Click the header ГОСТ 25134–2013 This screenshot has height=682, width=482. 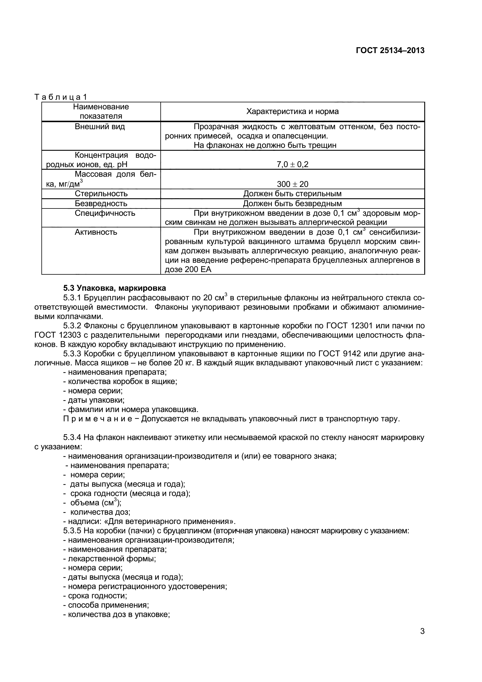click(x=390, y=50)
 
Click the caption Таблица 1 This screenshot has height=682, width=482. click(x=61, y=97)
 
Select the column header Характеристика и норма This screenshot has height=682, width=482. click(x=292, y=112)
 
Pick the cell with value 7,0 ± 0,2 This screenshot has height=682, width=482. click(x=292, y=164)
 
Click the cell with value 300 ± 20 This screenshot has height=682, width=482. click(x=292, y=184)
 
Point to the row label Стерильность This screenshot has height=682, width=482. click(x=101, y=194)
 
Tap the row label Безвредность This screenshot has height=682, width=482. click(x=101, y=204)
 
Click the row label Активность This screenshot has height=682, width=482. click(x=96, y=232)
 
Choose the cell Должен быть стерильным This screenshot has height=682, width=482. click(x=292, y=194)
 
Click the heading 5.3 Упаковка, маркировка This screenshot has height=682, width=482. click(x=114, y=288)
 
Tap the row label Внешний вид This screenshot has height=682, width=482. click(x=100, y=127)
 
